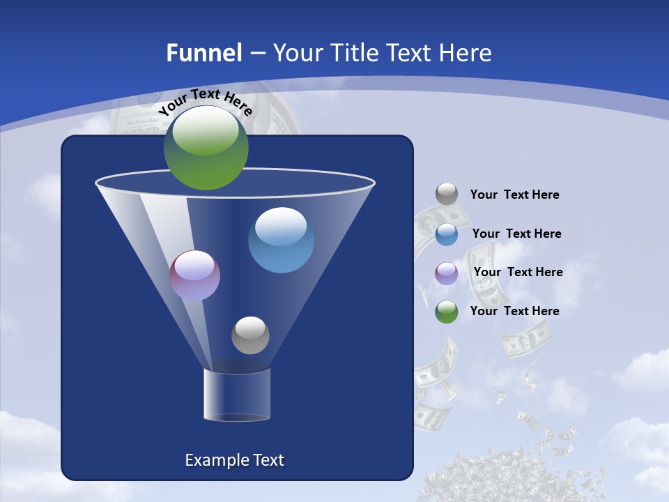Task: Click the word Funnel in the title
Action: coord(203,53)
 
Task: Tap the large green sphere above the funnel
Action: coord(206,147)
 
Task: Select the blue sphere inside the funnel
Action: coord(281,240)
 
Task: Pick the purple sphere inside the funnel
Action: coord(195,275)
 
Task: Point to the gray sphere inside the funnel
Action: coord(250,335)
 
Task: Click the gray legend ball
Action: coord(447,194)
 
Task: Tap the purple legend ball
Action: coord(447,273)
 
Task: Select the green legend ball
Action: coord(447,311)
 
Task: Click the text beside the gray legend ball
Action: coord(514,195)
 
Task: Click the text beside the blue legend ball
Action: coord(516,234)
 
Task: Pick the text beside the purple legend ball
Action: coord(518,273)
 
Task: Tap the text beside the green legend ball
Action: coord(514,312)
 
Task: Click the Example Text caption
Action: coord(234,460)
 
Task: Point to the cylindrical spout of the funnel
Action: coord(237,395)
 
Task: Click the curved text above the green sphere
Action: coord(205,101)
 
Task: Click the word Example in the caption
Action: coord(215,460)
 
